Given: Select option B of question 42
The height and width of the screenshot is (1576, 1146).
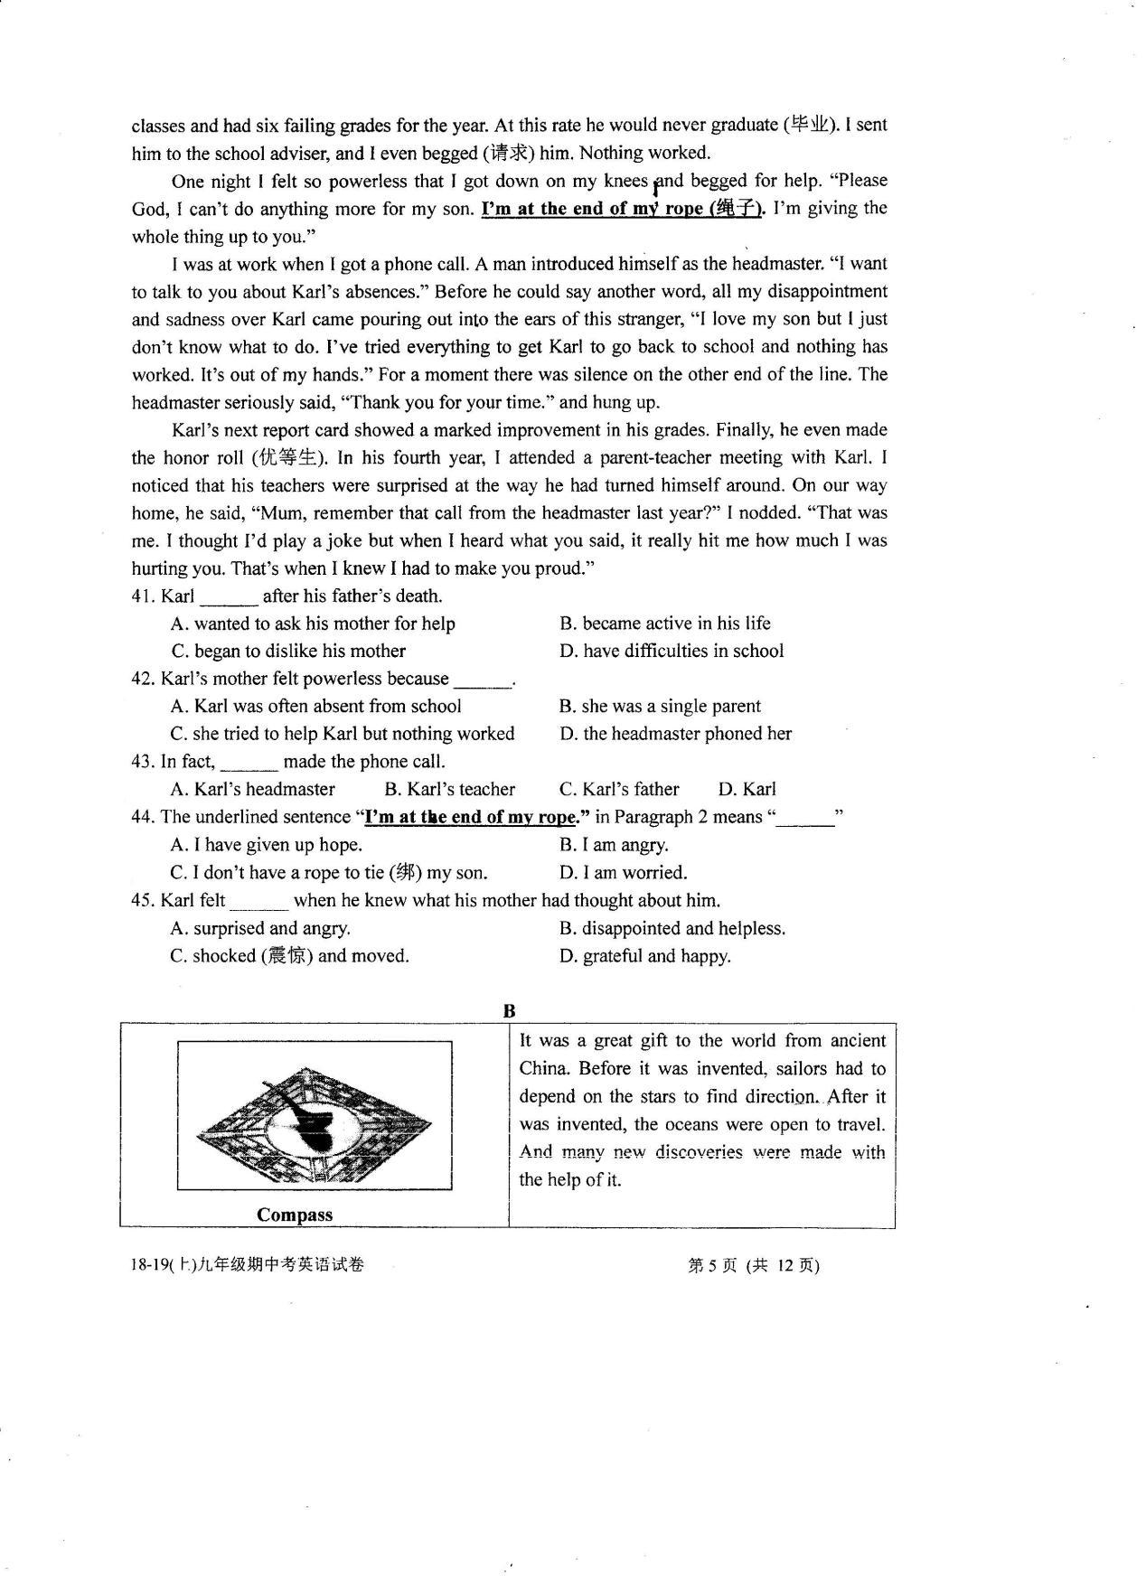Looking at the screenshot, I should pyautogui.click(x=660, y=706).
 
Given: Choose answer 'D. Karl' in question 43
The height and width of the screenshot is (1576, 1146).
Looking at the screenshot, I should pyautogui.click(x=747, y=789).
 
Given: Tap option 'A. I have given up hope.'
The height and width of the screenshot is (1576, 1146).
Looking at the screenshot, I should pyautogui.click(x=266, y=845).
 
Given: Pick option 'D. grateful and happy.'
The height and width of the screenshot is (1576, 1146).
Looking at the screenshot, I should pyautogui.click(x=644, y=956).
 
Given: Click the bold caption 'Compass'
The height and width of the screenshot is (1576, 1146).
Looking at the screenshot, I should pyautogui.click(x=295, y=1215).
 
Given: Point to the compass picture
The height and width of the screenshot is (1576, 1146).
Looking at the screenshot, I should pyautogui.click(x=315, y=1116).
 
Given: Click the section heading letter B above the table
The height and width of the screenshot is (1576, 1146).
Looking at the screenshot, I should pyautogui.click(x=509, y=1011).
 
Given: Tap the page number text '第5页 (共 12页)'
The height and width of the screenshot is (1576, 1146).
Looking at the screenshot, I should pyautogui.click(x=754, y=1266).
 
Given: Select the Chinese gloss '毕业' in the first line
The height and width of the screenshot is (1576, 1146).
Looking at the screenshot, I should pyautogui.click(x=809, y=125).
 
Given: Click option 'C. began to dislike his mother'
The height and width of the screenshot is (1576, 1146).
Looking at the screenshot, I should pyautogui.click(x=288, y=652).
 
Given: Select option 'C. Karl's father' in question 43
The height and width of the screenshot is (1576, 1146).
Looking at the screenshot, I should pyautogui.click(x=619, y=789).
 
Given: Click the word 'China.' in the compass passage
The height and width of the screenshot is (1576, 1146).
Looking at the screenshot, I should pyautogui.click(x=543, y=1069).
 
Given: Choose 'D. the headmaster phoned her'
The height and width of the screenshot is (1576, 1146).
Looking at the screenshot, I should pyautogui.click(x=675, y=734).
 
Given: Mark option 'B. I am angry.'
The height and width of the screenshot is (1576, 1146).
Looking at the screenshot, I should pyautogui.click(x=614, y=845).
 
